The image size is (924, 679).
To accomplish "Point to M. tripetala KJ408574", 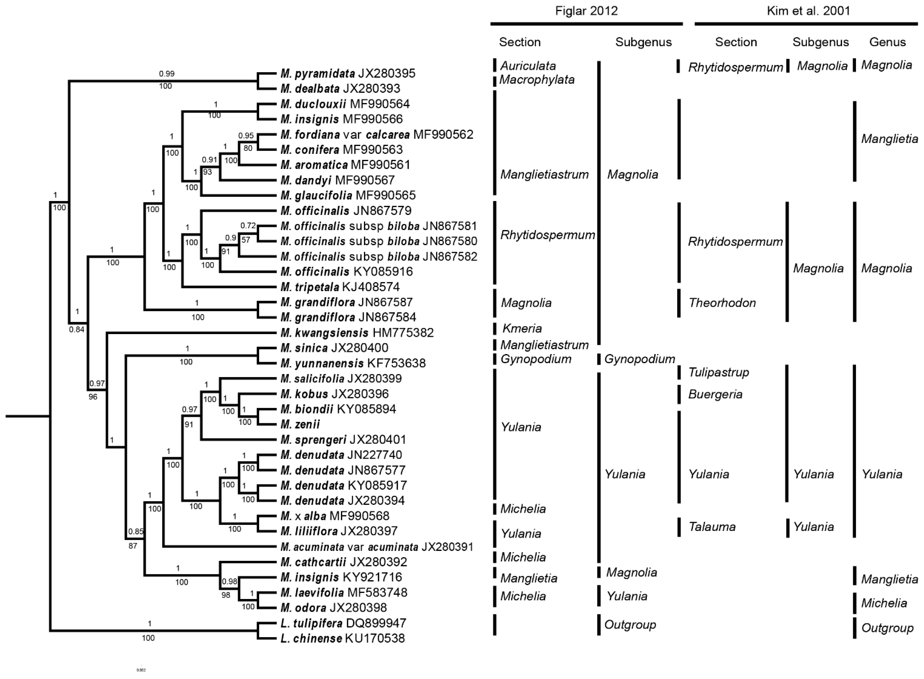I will click(x=340, y=287).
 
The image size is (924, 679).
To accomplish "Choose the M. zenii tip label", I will click(x=300, y=424).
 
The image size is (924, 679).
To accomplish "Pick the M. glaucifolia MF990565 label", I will click(x=348, y=195).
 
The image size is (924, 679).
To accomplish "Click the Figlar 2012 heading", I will click(x=586, y=11).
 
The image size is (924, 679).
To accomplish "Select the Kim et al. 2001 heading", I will click(x=808, y=11).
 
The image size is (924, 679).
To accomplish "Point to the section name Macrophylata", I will click(x=537, y=80).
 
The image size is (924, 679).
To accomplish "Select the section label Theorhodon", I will click(x=722, y=303).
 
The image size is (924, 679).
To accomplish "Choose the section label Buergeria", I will click(x=715, y=395).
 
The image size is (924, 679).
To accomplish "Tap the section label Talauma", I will click(x=712, y=527).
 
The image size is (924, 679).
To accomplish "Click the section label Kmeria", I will click(x=522, y=328).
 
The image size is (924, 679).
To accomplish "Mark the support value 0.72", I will click(x=248, y=226).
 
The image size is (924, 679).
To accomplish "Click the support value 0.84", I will click(x=77, y=329).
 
